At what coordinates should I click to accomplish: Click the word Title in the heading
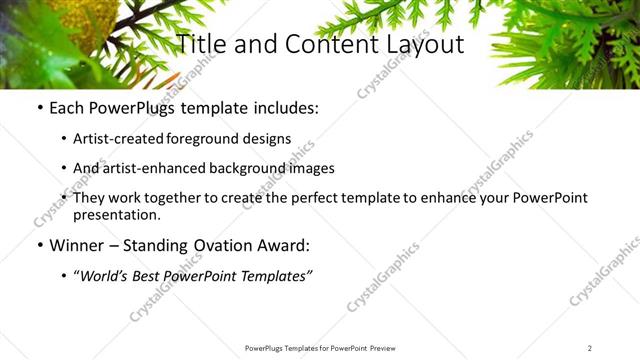click(202, 44)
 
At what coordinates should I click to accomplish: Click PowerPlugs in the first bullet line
click(131, 108)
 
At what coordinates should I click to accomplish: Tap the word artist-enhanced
click(153, 168)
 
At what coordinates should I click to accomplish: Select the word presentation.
click(116, 215)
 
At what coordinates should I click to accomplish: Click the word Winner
click(76, 245)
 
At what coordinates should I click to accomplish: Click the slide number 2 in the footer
click(590, 348)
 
